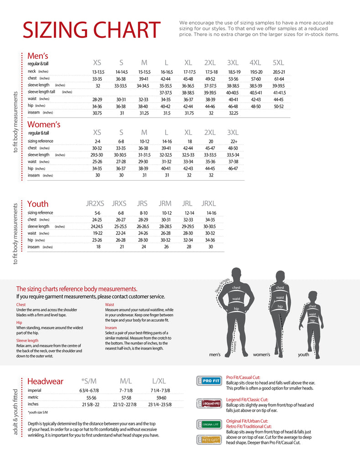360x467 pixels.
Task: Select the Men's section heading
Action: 38,56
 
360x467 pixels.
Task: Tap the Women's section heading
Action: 44,124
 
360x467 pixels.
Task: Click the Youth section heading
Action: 38,203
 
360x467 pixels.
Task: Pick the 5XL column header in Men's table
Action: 278,62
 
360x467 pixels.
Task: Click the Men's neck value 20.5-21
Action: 279,72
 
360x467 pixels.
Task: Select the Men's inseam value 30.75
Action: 97,113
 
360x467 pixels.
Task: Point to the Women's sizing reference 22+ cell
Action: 233,141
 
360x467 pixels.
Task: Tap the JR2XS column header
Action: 95,203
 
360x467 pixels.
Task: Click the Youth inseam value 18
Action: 98,247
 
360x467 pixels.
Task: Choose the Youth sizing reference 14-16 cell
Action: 211,213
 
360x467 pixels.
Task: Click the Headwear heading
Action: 45,381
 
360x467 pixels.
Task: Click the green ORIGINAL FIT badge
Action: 209,424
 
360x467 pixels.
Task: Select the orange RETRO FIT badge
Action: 209,440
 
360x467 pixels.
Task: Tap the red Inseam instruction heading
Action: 111,327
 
